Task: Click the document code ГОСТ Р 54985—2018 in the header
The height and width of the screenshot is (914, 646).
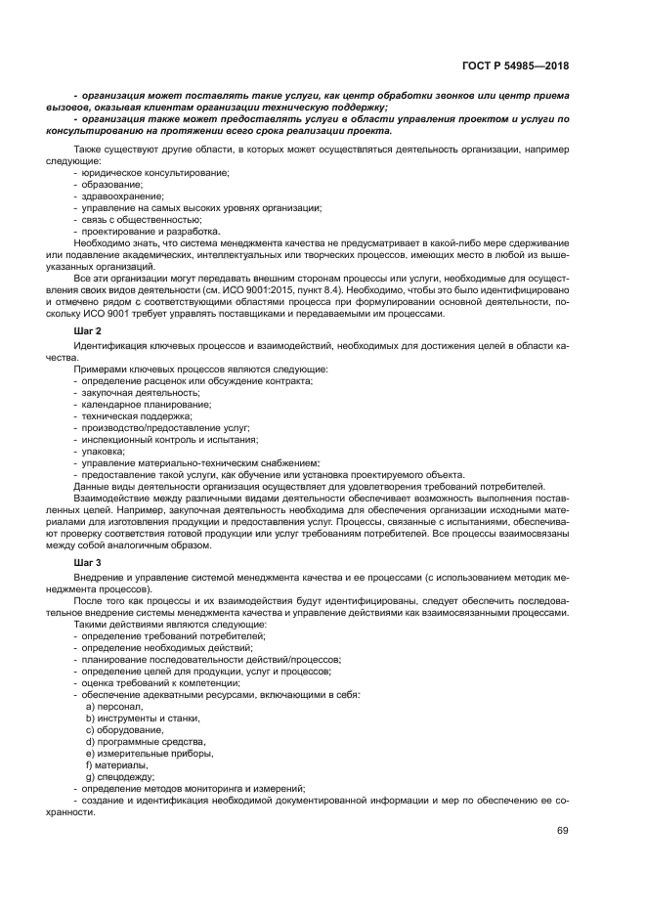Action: pos(514,66)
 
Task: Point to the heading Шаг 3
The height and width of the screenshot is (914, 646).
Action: pos(87,564)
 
